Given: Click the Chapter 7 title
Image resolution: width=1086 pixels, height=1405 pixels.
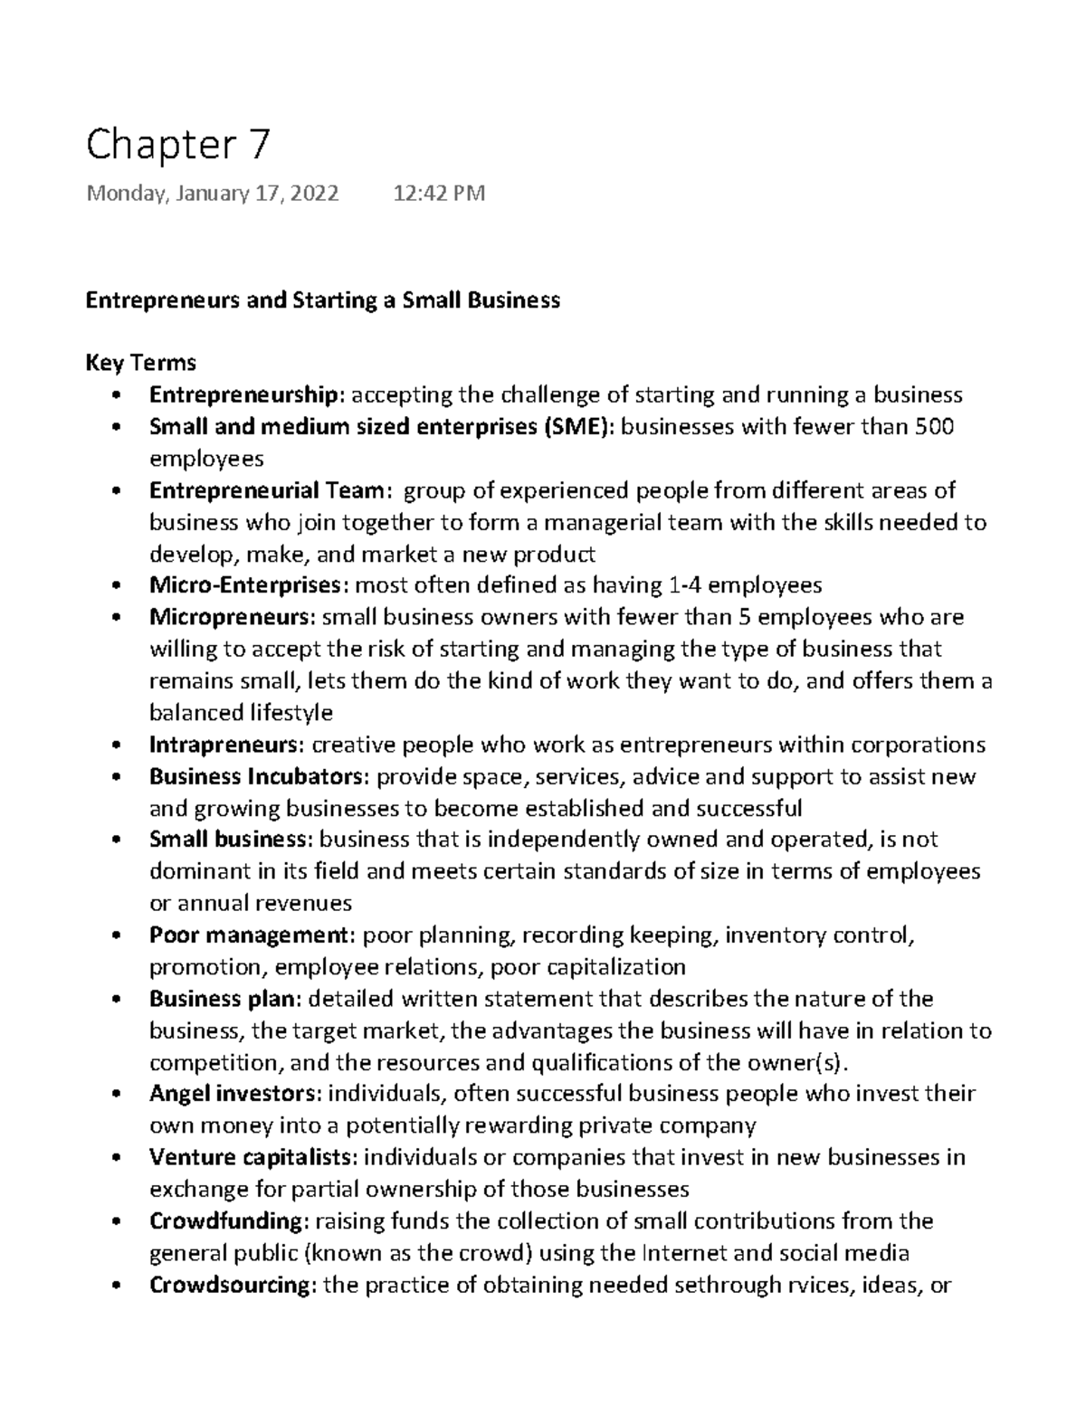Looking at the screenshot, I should click(177, 146).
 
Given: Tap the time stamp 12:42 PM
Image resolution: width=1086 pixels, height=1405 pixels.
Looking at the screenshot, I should click(439, 194).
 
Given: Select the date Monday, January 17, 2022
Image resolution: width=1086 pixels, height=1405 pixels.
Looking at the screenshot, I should click(213, 194).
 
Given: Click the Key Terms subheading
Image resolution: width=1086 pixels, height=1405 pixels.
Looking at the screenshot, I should click(140, 363).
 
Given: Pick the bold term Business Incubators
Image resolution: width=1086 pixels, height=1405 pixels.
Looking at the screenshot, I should click(259, 776).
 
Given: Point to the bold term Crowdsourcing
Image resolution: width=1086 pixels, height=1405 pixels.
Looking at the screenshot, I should click(230, 1285).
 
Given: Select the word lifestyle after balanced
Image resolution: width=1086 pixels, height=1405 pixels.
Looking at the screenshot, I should click(291, 713).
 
